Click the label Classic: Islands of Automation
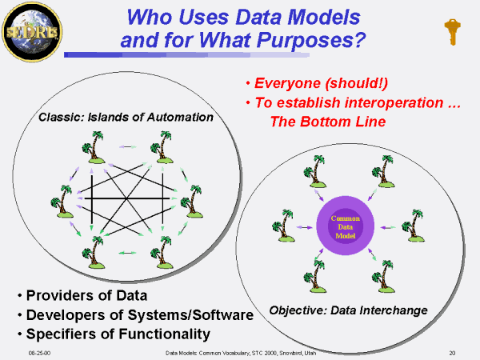pyautogui.click(x=126, y=118)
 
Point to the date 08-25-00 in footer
pyautogui.click(x=39, y=351)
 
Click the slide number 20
pyautogui.click(x=452, y=351)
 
